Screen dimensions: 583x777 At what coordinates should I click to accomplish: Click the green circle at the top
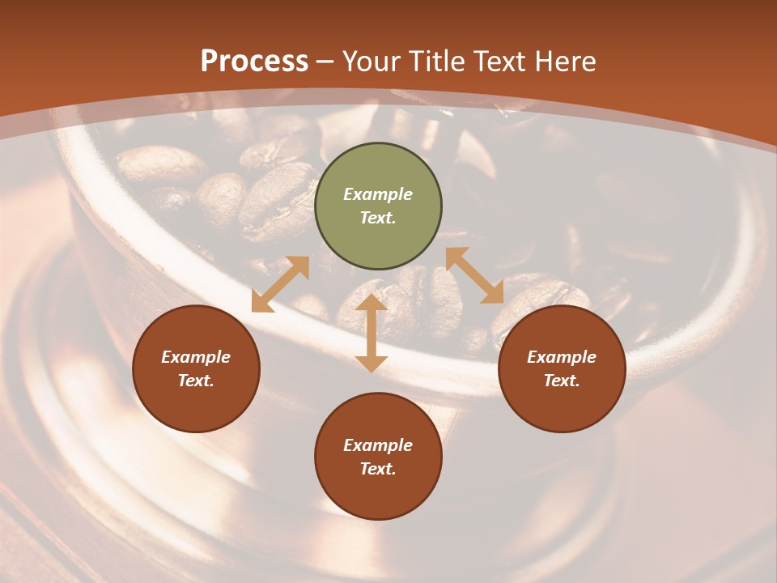(378, 206)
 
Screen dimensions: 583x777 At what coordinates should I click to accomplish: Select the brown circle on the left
(196, 368)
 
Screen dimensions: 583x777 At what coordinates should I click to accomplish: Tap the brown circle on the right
(562, 368)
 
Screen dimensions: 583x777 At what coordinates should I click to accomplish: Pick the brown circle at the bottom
(378, 457)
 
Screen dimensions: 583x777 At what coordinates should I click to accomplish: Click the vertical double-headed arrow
(372, 333)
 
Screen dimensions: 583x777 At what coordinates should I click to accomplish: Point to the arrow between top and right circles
(475, 276)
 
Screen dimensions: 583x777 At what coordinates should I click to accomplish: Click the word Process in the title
(254, 62)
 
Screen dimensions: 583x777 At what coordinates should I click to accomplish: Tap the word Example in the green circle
(378, 194)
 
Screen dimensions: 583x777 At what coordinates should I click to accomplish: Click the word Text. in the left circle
(196, 381)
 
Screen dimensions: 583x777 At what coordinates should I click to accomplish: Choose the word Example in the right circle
(562, 357)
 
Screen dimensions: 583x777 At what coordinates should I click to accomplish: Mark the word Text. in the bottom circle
(378, 469)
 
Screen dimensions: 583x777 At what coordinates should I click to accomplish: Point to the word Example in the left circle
(196, 357)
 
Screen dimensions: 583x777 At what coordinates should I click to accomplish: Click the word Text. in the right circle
(562, 381)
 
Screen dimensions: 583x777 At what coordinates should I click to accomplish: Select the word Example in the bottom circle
(378, 445)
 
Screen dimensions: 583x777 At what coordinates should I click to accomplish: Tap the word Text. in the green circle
(378, 219)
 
